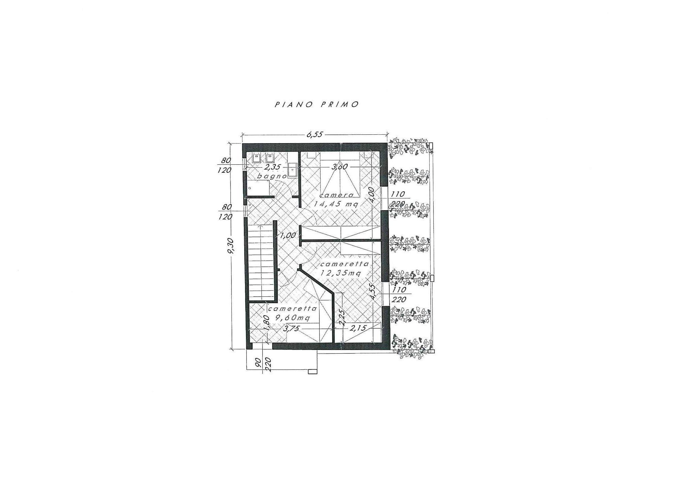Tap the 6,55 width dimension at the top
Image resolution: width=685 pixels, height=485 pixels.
pyautogui.click(x=314, y=134)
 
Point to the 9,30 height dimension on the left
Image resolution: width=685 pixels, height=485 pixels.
pyautogui.click(x=231, y=247)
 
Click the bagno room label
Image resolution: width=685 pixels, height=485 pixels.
pyautogui.click(x=272, y=176)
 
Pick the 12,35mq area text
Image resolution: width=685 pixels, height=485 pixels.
pyautogui.click(x=340, y=273)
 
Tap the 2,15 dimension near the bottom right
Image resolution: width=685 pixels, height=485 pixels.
pyautogui.click(x=358, y=328)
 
